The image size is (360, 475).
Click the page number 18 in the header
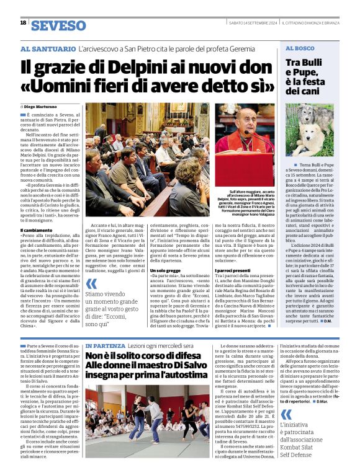(x=23, y=23)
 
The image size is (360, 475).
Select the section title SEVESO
(x=58, y=25)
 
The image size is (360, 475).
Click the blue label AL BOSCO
(x=299, y=48)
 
